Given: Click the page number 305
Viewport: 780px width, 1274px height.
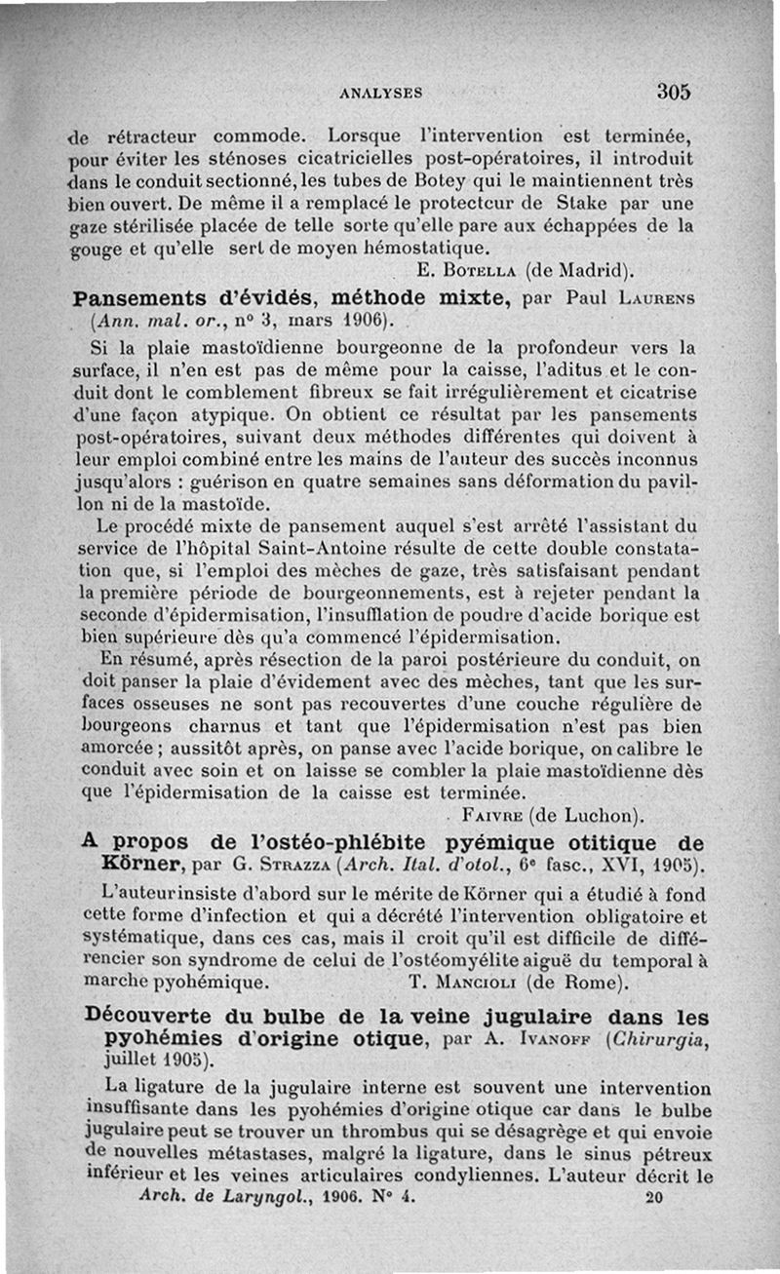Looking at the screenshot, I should (x=674, y=92).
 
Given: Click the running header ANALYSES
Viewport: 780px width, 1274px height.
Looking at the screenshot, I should (x=380, y=94).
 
